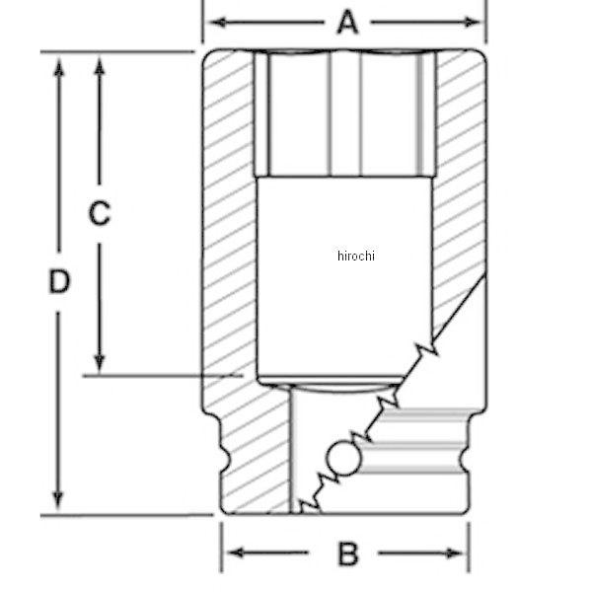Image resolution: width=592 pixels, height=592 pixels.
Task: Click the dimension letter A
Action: [x=347, y=23]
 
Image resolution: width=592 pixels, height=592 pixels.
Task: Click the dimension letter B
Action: [x=347, y=554]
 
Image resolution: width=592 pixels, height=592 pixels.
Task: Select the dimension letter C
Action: [x=100, y=213]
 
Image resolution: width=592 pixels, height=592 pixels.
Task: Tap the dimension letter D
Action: [x=59, y=281]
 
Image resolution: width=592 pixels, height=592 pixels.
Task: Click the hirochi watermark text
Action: [x=356, y=256]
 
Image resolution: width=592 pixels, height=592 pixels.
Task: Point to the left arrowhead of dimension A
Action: [x=218, y=23]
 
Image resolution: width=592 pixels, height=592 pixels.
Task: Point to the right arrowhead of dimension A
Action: [x=472, y=23]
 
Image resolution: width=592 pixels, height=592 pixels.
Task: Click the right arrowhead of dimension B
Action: [x=454, y=554]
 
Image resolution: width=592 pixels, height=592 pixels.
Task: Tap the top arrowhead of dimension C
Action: [x=100, y=66]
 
